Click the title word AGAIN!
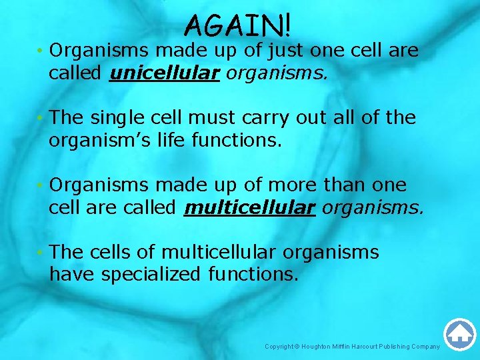(238, 25)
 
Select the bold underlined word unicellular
(164, 73)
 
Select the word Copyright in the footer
(278, 347)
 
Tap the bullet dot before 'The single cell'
(41, 119)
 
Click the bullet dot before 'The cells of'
(41, 253)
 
